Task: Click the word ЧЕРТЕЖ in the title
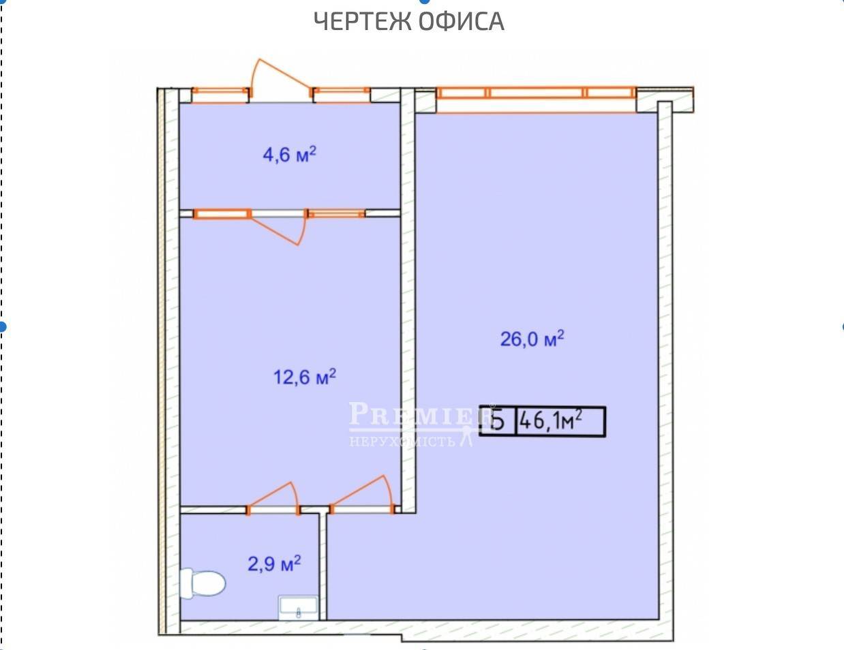(x=362, y=21)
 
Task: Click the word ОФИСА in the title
(x=462, y=21)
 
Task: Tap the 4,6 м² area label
(x=289, y=155)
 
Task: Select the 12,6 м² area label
(x=305, y=376)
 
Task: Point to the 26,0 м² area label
(x=532, y=339)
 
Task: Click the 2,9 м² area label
(x=274, y=563)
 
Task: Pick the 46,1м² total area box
(x=542, y=421)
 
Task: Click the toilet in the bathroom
(x=202, y=583)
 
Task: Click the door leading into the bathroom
(x=273, y=498)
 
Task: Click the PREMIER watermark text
(x=419, y=414)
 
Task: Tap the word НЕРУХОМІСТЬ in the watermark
(x=402, y=442)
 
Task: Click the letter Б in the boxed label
(x=498, y=422)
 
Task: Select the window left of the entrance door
(x=221, y=95)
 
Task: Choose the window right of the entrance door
(x=341, y=95)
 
